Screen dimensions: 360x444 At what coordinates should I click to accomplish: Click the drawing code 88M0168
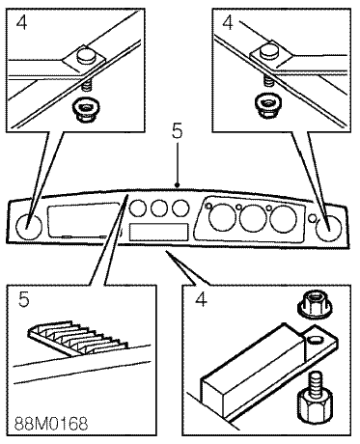(51, 424)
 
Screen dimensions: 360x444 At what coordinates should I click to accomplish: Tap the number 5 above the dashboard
(177, 131)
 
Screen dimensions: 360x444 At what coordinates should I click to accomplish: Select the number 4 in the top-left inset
(21, 22)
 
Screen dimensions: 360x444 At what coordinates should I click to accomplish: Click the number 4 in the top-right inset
(228, 22)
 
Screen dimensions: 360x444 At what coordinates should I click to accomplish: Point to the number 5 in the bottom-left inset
(24, 299)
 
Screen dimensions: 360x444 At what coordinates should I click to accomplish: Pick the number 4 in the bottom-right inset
(201, 299)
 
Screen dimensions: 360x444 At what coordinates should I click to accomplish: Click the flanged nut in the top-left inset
(85, 109)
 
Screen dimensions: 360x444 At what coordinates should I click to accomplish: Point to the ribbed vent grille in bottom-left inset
(78, 338)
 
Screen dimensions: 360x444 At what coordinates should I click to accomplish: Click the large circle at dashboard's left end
(29, 227)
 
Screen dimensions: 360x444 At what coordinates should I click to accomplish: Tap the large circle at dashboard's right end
(328, 229)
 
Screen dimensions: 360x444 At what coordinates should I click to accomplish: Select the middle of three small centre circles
(159, 208)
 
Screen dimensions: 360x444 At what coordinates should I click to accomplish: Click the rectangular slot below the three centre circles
(158, 233)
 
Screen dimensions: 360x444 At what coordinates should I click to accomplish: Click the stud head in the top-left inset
(86, 56)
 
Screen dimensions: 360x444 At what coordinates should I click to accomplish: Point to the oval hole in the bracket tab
(314, 339)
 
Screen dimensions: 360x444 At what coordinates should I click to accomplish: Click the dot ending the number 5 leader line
(177, 185)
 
